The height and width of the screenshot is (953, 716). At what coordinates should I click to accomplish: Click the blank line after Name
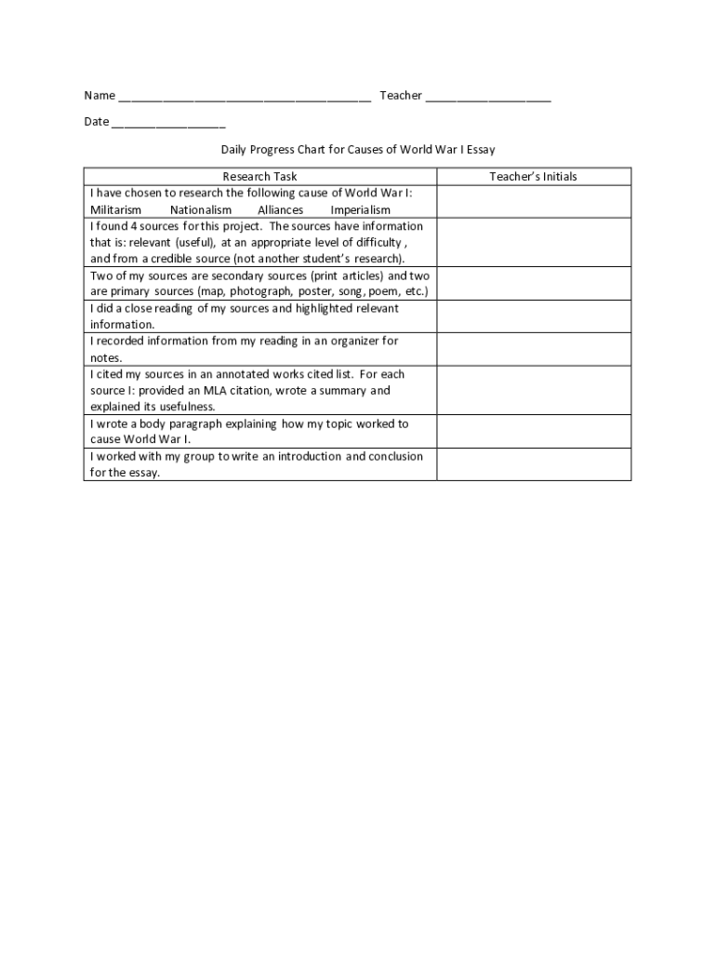[x=245, y=98]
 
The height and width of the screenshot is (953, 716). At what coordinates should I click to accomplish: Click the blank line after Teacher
[x=488, y=98]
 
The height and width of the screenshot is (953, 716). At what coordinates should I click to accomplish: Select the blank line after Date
[x=168, y=124]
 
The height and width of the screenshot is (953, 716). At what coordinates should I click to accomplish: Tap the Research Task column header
[x=260, y=177]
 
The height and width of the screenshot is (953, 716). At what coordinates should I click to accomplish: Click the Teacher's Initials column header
[x=534, y=177]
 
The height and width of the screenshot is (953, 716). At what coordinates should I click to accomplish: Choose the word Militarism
[x=116, y=210]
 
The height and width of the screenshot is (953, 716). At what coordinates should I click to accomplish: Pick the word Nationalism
[x=201, y=210]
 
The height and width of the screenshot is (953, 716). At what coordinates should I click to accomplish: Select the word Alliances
[x=281, y=210]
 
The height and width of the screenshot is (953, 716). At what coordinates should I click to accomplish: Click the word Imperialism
[x=361, y=210]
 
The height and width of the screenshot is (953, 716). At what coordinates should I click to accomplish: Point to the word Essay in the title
[x=481, y=149]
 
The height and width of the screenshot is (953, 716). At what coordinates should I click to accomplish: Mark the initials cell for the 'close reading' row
[x=534, y=316]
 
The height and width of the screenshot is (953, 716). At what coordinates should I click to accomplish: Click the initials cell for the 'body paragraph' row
[x=534, y=432]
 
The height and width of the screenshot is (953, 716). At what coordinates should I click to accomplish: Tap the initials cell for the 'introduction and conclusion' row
[x=534, y=464]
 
